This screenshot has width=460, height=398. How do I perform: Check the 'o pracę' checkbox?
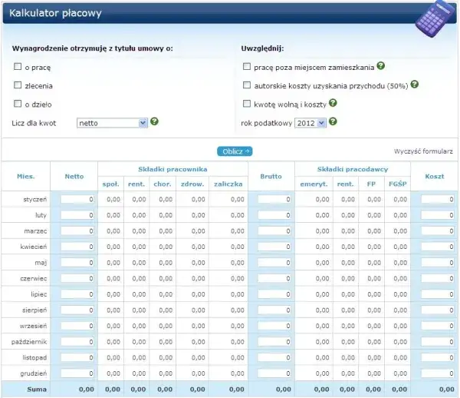click(x=17, y=67)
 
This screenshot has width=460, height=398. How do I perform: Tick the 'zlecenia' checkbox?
click(x=17, y=85)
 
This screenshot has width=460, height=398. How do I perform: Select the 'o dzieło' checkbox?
click(x=17, y=104)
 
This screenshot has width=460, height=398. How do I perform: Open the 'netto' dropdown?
click(x=112, y=122)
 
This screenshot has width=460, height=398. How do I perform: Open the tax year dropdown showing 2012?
click(x=310, y=122)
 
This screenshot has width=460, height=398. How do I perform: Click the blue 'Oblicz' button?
click(x=234, y=151)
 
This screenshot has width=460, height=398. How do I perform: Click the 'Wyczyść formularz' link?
click(x=423, y=151)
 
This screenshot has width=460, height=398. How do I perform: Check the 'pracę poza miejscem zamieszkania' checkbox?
click(x=246, y=67)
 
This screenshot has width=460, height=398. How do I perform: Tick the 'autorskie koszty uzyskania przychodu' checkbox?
click(x=246, y=85)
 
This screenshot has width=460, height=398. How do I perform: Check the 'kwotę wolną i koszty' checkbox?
click(x=246, y=104)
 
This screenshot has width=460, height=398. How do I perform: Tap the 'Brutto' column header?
click(x=271, y=176)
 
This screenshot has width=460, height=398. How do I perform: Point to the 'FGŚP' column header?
click(x=397, y=184)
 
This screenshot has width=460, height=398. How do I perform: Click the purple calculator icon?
click(x=434, y=22)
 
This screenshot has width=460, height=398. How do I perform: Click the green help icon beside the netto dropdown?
click(x=154, y=121)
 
